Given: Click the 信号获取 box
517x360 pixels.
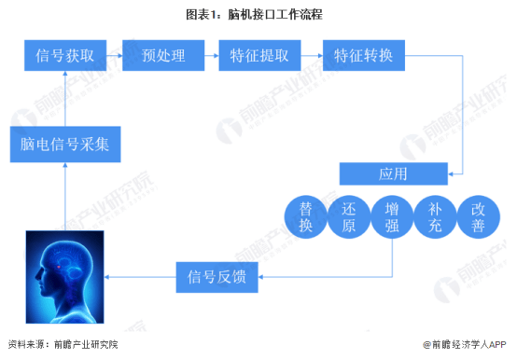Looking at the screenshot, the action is tap(65, 56).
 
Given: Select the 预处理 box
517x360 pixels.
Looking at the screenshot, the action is tap(164, 56).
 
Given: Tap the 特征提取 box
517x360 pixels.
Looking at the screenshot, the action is tap(258, 56).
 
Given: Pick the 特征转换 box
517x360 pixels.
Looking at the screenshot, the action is tap(362, 56).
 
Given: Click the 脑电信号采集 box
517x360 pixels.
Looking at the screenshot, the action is tap(64, 145).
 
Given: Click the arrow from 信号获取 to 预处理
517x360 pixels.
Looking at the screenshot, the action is tap(114, 56).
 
